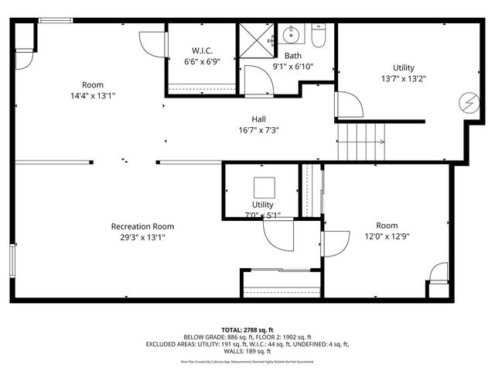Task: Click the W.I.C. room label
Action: tap(192, 50)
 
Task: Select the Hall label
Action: tap(259, 119)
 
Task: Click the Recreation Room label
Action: tap(142, 226)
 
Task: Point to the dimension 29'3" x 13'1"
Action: tap(142, 237)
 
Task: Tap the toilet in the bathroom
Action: tap(320, 35)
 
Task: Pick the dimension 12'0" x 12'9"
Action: tap(387, 237)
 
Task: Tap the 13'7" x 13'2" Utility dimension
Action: tap(403, 77)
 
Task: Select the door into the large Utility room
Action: tap(347, 104)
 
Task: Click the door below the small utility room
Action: tap(275, 234)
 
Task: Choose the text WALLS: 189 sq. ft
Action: tap(247, 351)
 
